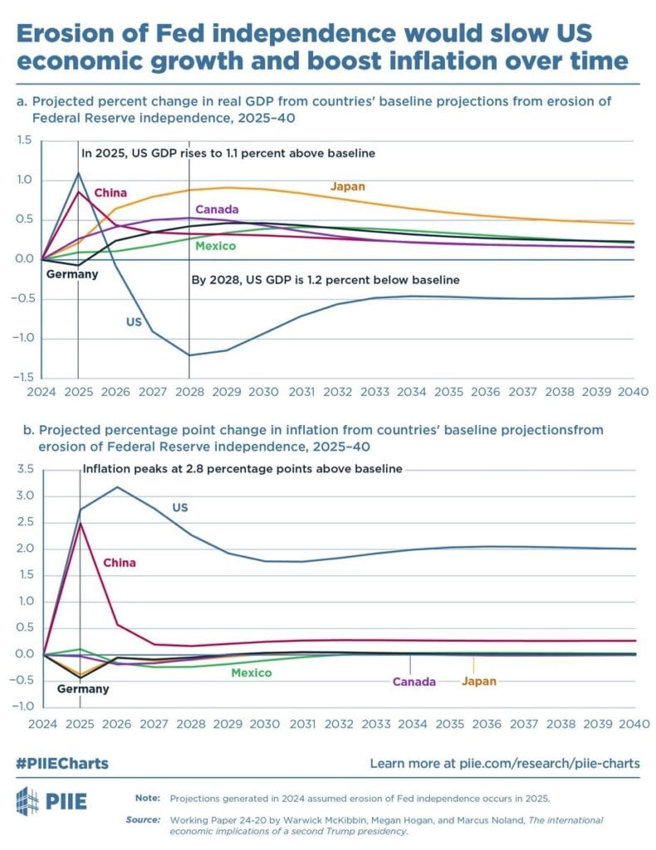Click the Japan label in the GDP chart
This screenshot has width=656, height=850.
pyautogui.click(x=347, y=187)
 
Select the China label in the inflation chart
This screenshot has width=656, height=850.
pyautogui.click(x=119, y=563)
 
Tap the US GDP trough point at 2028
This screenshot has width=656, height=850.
pyautogui.click(x=189, y=355)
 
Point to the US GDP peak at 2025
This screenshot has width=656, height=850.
pyautogui.click(x=78, y=173)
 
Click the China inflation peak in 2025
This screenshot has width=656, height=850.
pyautogui.click(x=78, y=523)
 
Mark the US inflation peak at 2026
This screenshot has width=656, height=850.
pyautogui.click(x=117, y=486)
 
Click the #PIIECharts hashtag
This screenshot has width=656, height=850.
pyautogui.click(x=62, y=763)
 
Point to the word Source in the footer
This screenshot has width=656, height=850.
pyautogui.click(x=144, y=819)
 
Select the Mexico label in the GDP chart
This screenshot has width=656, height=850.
pyautogui.click(x=216, y=247)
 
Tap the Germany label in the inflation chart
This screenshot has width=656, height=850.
pyautogui.click(x=82, y=689)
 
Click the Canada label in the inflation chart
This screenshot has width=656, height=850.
pyautogui.click(x=414, y=681)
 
